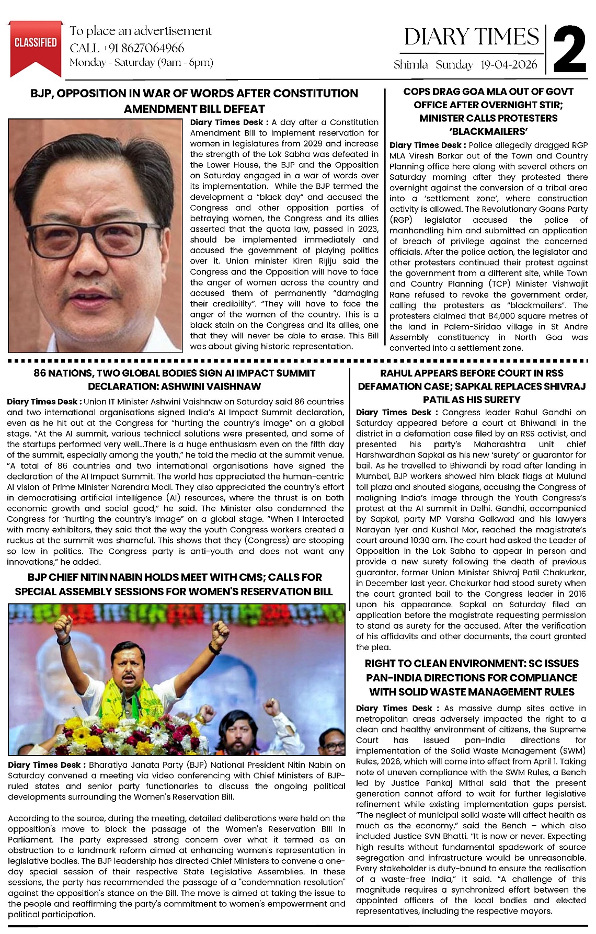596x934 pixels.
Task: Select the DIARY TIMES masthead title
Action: coord(472,37)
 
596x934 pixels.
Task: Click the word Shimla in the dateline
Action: coord(411,65)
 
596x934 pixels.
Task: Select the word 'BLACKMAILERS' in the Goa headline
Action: coord(488,131)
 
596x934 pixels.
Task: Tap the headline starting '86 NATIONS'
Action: coord(174,373)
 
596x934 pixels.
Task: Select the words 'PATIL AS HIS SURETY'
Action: coord(472,400)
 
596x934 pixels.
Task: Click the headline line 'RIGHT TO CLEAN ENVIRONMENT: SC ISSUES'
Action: coord(472,664)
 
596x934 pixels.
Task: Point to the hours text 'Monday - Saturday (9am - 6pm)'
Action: coord(141,63)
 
